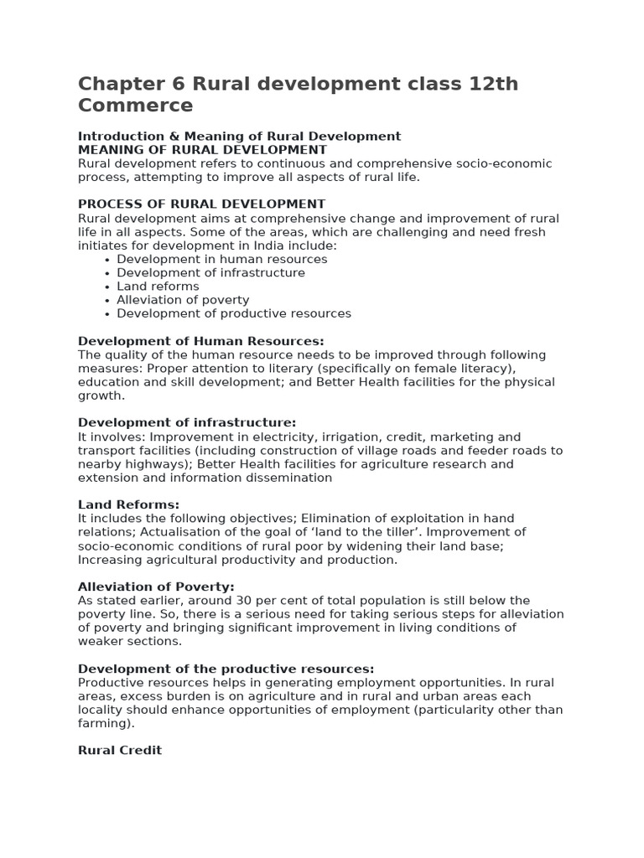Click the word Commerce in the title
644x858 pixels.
135,106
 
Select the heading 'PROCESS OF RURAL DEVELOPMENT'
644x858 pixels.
201,204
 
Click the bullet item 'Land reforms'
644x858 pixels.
158,287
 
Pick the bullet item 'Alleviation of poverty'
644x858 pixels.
183,300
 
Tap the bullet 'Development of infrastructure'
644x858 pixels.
210,273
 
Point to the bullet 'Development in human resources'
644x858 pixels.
221,260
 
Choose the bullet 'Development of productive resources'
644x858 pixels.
234,313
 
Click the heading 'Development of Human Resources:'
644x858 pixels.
200,341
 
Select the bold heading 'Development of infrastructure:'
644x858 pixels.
187,423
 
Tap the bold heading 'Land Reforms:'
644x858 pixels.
128,504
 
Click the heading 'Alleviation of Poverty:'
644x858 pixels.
156,587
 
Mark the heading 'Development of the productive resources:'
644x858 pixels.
226,669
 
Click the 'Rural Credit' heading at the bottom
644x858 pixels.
120,750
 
